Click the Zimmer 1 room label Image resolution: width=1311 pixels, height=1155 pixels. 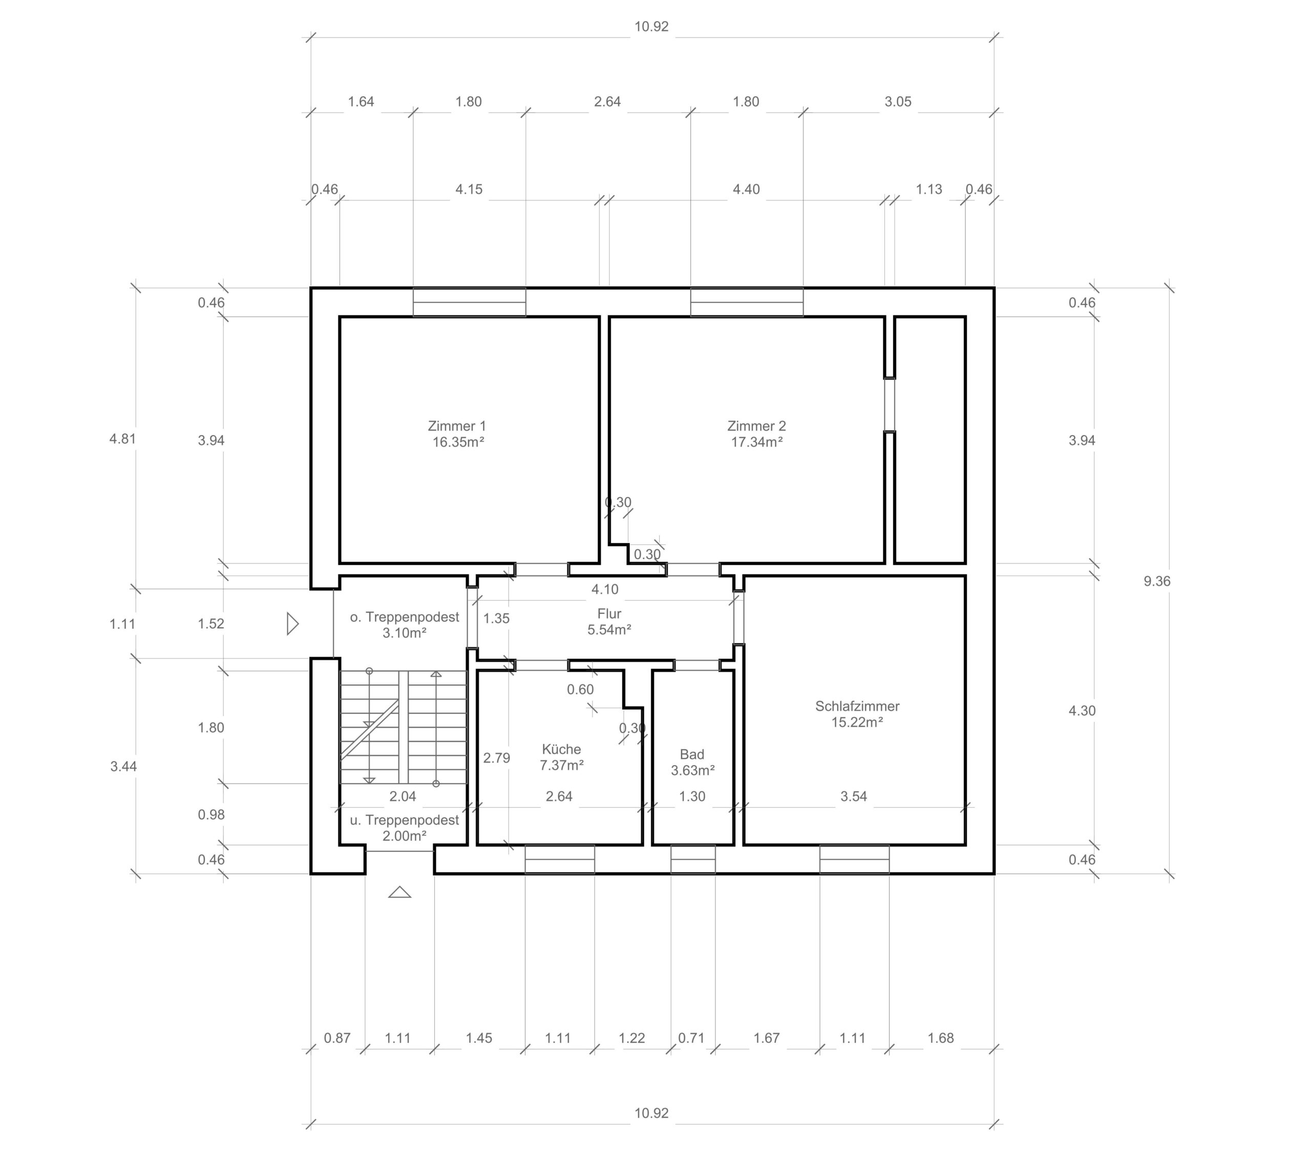pos(457,426)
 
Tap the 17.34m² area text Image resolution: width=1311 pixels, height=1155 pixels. pos(757,442)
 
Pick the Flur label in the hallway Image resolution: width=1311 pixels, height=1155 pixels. pos(609,614)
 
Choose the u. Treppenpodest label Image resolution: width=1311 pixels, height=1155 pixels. pos(404,820)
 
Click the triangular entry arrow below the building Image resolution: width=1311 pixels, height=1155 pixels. pos(399,892)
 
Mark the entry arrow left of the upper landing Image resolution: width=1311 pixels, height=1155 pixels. pos(292,624)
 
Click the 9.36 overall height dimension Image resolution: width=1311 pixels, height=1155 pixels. pos(1156,582)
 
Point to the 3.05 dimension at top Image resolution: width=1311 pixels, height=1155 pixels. pos(898,101)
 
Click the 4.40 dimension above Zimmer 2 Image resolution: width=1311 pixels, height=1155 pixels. pos(747,189)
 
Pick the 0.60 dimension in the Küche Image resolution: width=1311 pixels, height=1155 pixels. pos(580,690)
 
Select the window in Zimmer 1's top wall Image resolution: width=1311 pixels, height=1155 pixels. pos(470,302)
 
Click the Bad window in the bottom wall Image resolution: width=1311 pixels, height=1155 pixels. pos(693,859)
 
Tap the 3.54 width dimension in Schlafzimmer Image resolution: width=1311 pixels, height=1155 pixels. pos(854,796)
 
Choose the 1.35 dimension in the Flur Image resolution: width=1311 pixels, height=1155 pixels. pos(496,618)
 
